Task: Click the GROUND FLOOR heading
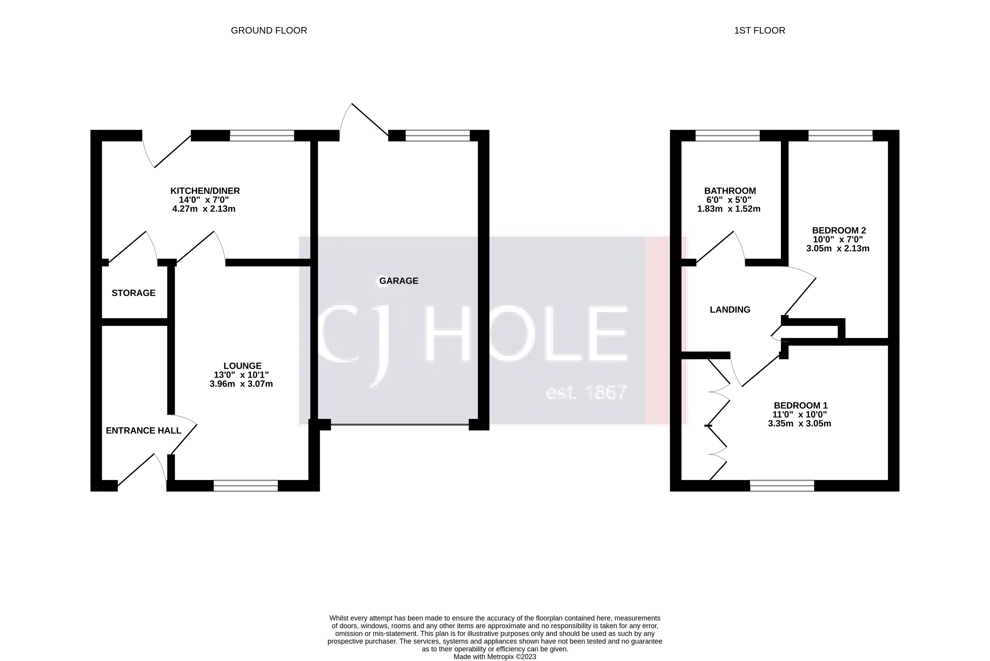point(269,30)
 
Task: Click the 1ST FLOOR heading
point(759,30)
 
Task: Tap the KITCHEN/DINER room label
point(205,190)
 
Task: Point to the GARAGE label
point(399,281)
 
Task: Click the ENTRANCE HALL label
point(143,431)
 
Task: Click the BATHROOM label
point(730,190)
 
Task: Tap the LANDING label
point(730,310)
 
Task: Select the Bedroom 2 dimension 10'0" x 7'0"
point(838,240)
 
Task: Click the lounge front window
point(246,486)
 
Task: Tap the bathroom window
point(727,135)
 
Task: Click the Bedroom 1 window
point(782,486)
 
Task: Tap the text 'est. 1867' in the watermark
point(586,392)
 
